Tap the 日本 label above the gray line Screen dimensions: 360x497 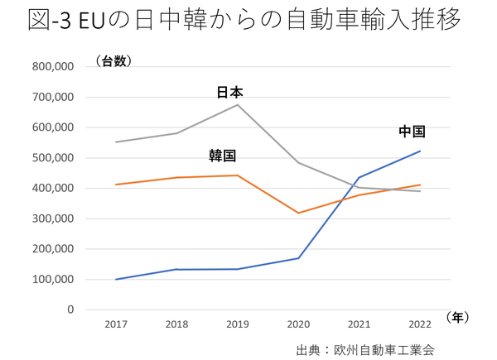pos(229,93)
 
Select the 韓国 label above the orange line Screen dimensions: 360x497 pos(222,156)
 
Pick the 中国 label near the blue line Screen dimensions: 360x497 pos(412,132)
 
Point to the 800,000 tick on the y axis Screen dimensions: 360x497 pos(51,67)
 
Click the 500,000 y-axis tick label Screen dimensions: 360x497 pos(51,158)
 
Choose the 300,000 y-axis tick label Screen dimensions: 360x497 pos(51,218)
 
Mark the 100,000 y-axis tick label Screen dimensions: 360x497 pos(51,280)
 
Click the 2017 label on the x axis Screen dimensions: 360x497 pos(116,324)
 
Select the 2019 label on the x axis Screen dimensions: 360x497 pos(237,324)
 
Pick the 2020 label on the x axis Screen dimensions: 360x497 pos(298,324)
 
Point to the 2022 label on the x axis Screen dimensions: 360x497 pos(420,324)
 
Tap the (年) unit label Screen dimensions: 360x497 pos(460,317)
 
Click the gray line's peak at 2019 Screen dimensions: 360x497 pos(238,104)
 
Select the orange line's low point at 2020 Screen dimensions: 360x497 pos(298,213)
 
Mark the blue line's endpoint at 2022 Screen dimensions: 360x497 pos(420,151)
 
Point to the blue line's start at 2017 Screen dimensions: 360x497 pos(116,279)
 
